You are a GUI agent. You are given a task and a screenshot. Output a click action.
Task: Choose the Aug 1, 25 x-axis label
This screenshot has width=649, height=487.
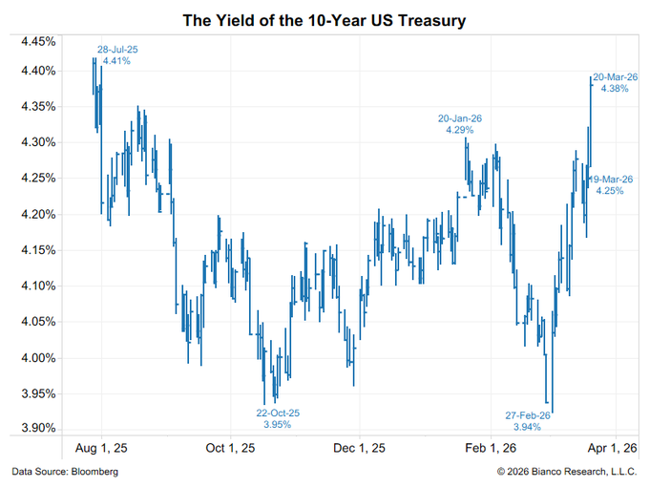101,448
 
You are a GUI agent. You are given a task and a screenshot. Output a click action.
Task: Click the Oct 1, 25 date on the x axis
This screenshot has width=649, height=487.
229,448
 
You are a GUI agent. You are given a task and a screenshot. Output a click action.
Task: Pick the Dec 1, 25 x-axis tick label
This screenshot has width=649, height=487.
360,448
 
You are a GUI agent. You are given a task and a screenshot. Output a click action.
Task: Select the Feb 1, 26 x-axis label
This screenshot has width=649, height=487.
489,448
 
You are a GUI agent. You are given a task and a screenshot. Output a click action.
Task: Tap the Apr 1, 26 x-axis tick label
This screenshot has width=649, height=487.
612,448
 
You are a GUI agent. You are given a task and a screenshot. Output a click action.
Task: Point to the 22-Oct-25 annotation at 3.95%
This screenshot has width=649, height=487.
277,418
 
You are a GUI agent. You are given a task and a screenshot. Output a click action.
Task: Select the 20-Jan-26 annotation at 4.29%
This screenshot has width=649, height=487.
460,124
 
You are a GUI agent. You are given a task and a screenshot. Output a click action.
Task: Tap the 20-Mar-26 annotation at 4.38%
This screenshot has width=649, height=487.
611,83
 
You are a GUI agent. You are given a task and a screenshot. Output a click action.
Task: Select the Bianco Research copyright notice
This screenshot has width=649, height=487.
567,473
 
